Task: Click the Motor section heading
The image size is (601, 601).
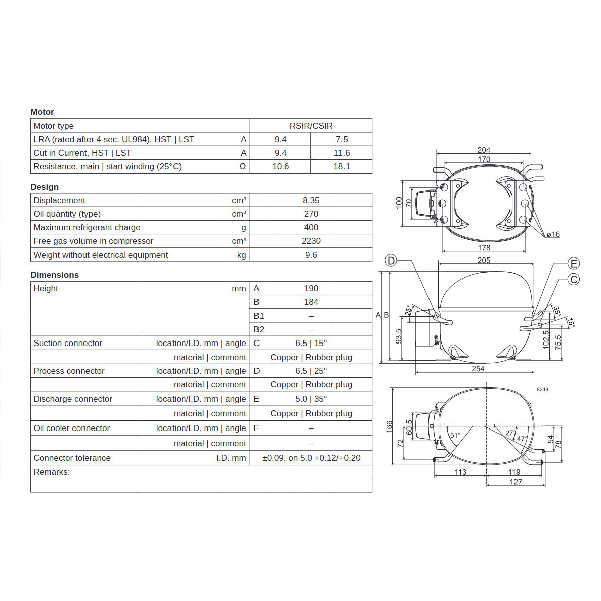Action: point(42,112)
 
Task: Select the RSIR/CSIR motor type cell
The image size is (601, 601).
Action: point(311,126)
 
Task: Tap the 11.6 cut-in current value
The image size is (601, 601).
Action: point(341,153)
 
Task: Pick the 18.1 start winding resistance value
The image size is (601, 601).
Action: point(341,166)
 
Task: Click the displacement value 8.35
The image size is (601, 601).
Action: point(311,200)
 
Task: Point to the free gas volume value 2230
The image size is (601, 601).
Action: point(311,241)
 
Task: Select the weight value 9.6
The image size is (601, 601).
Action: point(311,255)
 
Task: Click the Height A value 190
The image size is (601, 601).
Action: point(311,288)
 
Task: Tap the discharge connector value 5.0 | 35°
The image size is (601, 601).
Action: point(311,399)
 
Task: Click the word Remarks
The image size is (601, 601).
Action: point(51,472)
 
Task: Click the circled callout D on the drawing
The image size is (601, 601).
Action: point(391,261)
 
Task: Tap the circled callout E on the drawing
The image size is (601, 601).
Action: point(574,264)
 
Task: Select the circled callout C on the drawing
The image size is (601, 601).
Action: point(574,279)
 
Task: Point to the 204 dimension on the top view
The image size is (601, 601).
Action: point(484,150)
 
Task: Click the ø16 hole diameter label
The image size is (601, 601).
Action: point(553,234)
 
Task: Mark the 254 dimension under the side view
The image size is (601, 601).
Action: point(478,369)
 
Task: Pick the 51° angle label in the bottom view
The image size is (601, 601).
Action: point(455,435)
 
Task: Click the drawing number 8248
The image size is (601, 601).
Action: point(542,389)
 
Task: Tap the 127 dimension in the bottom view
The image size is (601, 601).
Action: point(516,482)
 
